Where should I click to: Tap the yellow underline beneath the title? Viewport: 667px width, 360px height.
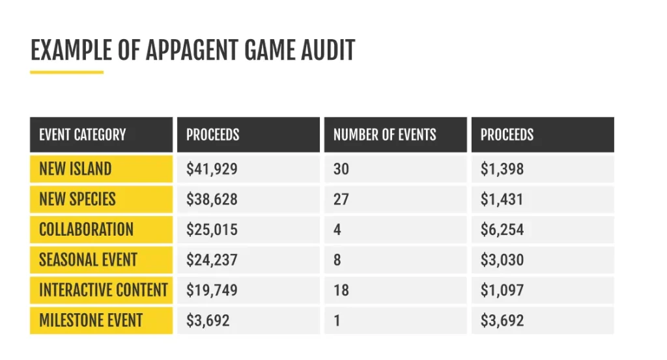66,72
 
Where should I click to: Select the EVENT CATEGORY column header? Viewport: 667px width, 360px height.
82,135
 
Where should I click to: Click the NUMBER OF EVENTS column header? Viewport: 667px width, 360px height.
384,135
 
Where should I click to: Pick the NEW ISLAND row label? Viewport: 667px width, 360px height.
75,169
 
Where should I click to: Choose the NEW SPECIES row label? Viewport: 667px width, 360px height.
77,199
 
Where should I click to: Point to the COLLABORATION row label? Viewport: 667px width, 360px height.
86,230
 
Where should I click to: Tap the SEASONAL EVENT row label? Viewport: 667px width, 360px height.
88,260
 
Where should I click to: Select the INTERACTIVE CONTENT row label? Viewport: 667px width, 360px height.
103,290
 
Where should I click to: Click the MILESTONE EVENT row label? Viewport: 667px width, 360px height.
91,320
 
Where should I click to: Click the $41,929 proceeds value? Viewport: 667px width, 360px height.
212,169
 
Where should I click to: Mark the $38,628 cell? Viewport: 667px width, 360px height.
212,199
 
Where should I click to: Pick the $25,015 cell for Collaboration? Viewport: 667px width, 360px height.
212,230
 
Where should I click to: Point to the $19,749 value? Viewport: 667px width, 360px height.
212,290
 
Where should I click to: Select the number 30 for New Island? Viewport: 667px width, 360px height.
341,169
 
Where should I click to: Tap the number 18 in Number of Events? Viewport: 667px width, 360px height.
341,290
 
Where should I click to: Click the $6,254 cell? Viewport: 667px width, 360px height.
502,230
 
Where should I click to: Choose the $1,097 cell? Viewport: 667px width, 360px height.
502,290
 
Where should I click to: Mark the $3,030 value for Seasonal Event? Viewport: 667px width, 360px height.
502,260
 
